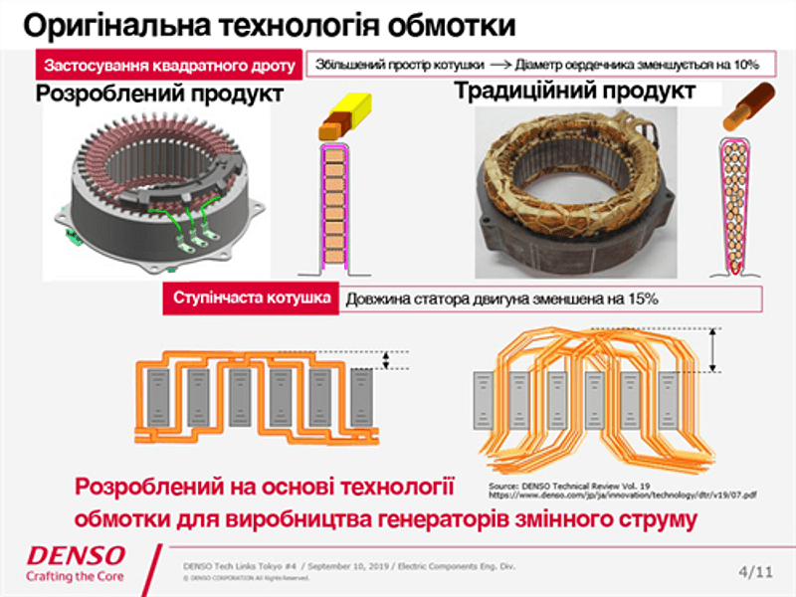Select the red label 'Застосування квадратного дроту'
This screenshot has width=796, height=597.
click(167, 66)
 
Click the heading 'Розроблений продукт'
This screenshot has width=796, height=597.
click(160, 95)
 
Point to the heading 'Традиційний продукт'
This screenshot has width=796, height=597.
click(574, 92)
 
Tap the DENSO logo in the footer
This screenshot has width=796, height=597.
click(77, 554)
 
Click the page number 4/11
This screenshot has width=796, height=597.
click(755, 571)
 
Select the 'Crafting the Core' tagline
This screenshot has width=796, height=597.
click(77, 576)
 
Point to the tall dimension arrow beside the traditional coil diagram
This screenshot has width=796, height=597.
click(713, 350)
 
